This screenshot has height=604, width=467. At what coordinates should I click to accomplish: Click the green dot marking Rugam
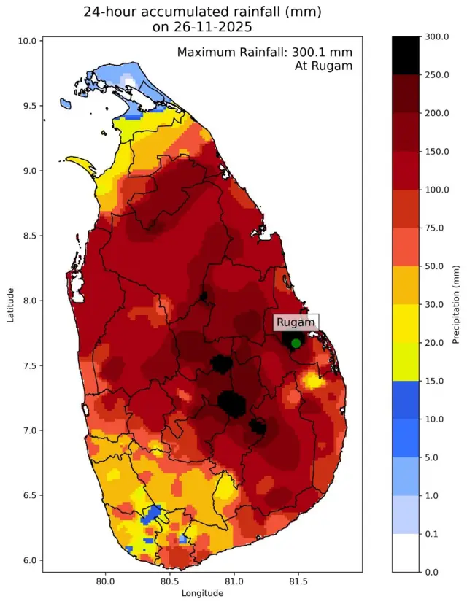[x=296, y=343]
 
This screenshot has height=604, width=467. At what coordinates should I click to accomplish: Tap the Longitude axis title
[x=202, y=594]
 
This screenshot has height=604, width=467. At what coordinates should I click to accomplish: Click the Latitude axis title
[x=10, y=303]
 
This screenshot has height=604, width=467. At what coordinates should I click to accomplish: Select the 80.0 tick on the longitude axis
[x=105, y=581]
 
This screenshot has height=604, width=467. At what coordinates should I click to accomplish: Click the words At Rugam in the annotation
[x=323, y=66]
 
